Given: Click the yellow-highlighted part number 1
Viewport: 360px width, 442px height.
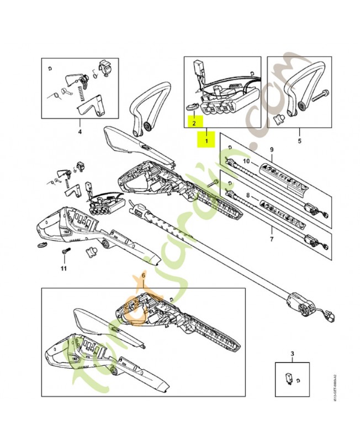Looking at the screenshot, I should (x=207, y=141).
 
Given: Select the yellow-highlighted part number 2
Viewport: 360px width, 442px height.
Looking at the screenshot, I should (x=194, y=123).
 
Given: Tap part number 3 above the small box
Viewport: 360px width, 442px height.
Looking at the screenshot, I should (x=292, y=352).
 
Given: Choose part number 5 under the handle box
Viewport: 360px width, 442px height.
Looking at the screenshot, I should (x=299, y=132).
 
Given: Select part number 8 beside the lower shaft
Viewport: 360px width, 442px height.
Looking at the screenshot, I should (x=248, y=195).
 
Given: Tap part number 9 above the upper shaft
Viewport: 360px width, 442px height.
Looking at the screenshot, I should (x=271, y=150).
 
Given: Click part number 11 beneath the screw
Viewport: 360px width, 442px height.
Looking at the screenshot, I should (x=63, y=269).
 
